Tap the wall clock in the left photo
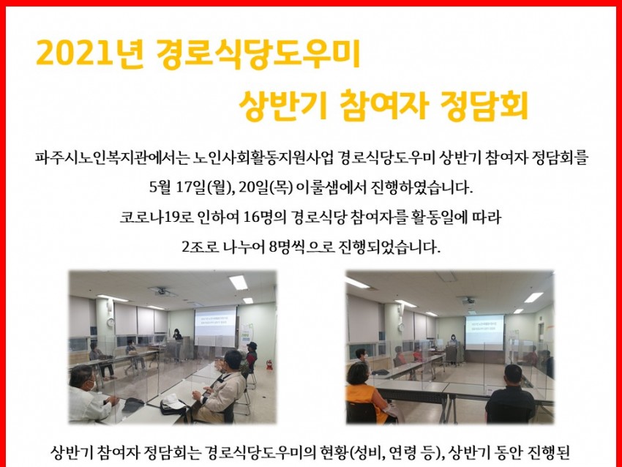coord(111,322)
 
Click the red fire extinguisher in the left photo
coord(270,365)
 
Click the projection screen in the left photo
coord(215,326)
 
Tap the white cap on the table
coord(173,403)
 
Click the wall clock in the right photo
coord(401,327)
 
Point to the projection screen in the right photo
coord(484,332)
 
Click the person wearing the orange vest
coord(366,393)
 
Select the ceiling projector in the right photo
coord(468,300)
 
